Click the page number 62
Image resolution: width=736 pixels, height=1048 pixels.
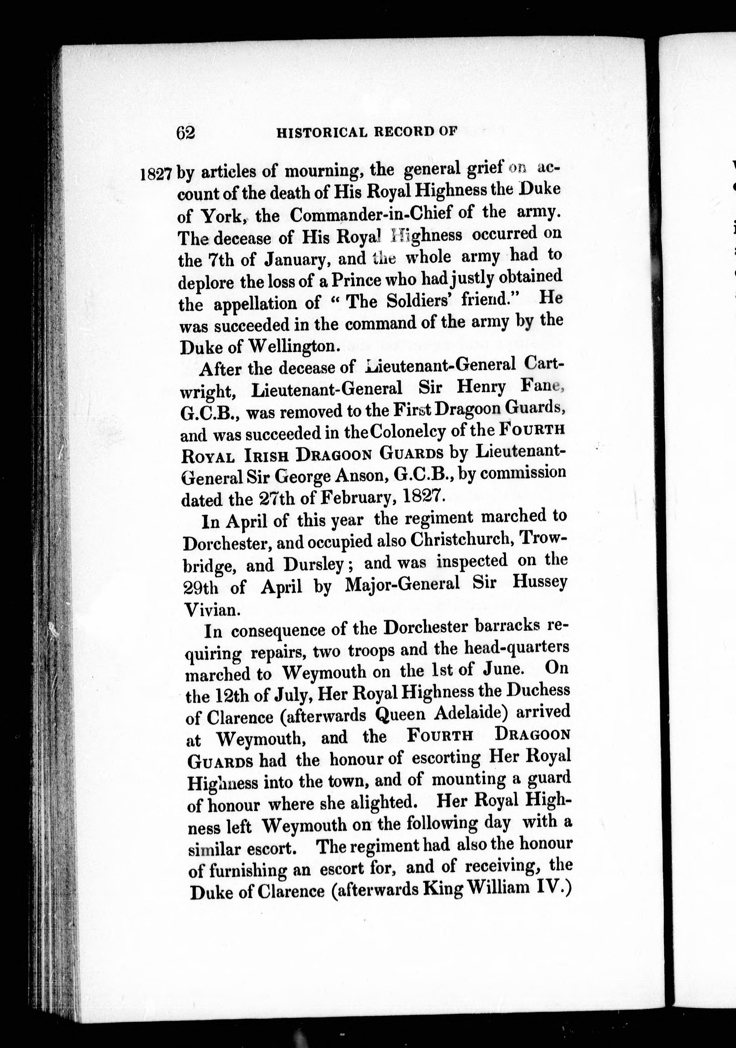pyautogui.click(x=185, y=133)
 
